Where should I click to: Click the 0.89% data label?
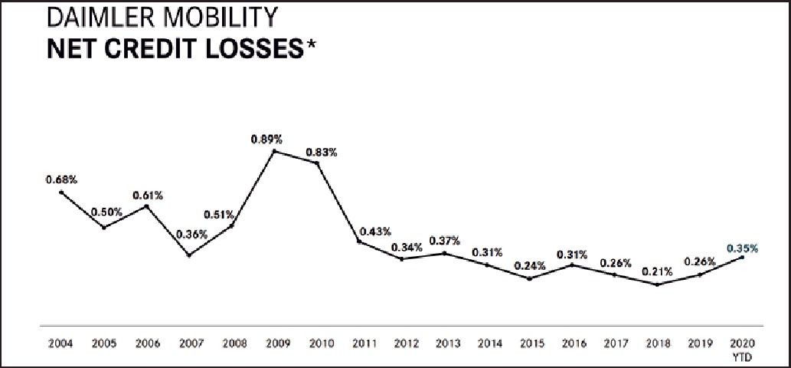click(266, 140)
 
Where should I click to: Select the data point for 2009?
click(274, 151)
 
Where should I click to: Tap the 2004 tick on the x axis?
click(60, 344)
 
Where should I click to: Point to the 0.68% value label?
click(61, 179)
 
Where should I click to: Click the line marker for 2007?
click(189, 255)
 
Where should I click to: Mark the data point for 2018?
click(657, 284)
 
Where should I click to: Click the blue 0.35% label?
click(742, 248)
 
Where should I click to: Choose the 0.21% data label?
click(657, 271)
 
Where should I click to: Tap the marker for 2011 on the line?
click(359, 242)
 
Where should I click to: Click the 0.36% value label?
click(191, 235)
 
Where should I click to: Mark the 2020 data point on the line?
click(742, 257)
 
